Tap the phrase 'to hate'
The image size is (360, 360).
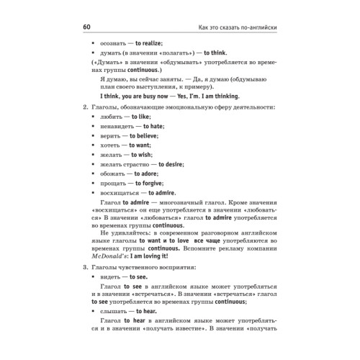[x=154, y=126]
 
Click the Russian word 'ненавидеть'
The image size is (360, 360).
[x=118, y=126]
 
